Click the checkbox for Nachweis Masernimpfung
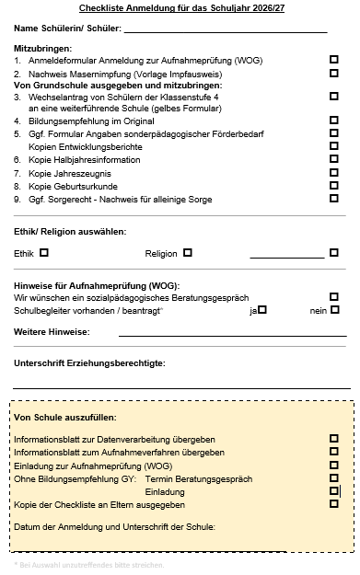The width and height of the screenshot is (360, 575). click(x=333, y=72)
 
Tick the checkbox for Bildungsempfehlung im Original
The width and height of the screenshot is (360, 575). click(x=333, y=121)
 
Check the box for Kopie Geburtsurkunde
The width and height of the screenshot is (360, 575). click(x=333, y=185)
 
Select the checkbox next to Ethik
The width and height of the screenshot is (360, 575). click(x=44, y=252)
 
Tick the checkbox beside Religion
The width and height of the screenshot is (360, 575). click(x=188, y=252)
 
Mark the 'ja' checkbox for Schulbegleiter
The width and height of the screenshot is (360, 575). click(x=262, y=310)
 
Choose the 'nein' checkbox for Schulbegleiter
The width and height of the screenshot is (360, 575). click(x=335, y=310)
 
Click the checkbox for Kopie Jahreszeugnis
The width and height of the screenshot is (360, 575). click(x=333, y=172)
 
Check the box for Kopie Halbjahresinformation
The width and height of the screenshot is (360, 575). click(x=333, y=159)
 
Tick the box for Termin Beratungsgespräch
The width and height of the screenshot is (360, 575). click(x=333, y=477)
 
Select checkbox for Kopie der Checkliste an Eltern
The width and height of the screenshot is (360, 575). click(x=333, y=503)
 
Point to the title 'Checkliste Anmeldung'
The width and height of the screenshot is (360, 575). click(x=180, y=9)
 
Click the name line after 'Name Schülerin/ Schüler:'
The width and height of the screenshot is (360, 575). click(x=226, y=30)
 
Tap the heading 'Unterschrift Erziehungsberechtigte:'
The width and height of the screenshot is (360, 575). click(x=90, y=363)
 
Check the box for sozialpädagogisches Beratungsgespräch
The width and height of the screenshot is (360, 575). click(x=333, y=297)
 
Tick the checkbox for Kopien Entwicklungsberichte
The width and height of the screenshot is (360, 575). click(x=333, y=146)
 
